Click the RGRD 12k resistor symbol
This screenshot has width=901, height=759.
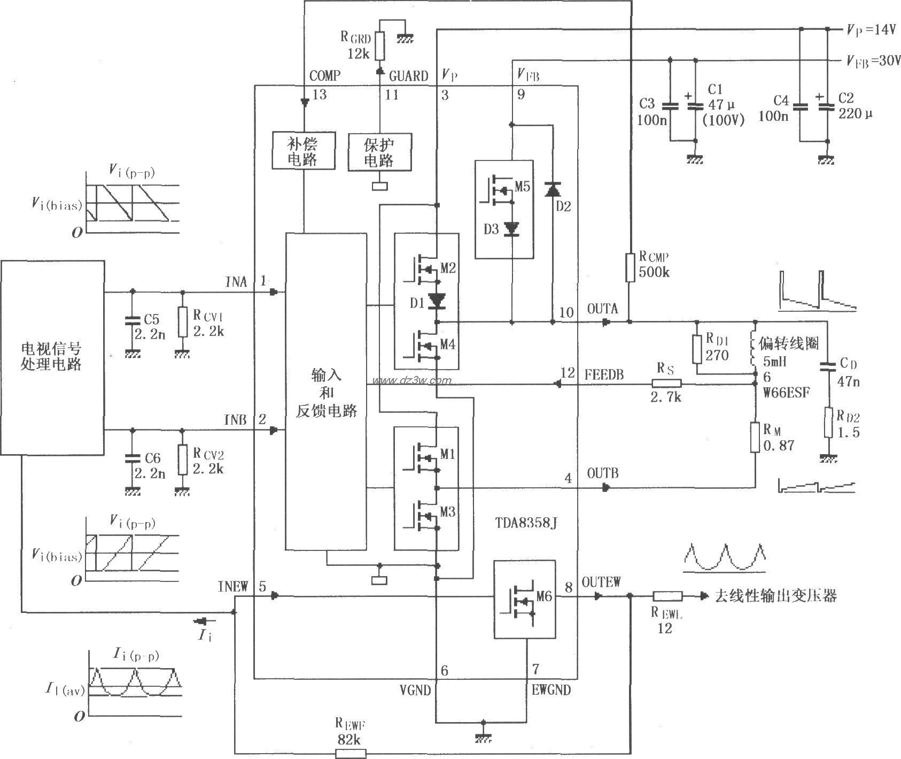[379, 46]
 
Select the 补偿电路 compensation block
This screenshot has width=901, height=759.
[303, 151]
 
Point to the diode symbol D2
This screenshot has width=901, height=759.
[552, 189]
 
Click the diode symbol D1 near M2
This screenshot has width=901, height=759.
[437, 302]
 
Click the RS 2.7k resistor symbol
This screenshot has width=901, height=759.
[666, 383]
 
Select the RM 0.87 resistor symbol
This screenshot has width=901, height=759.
[755, 438]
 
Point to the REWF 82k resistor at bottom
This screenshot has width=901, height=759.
[351, 753]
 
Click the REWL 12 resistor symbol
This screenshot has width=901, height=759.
[667, 596]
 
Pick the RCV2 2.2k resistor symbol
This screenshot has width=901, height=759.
[183, 460]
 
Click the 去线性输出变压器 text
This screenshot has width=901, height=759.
[775, 596]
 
